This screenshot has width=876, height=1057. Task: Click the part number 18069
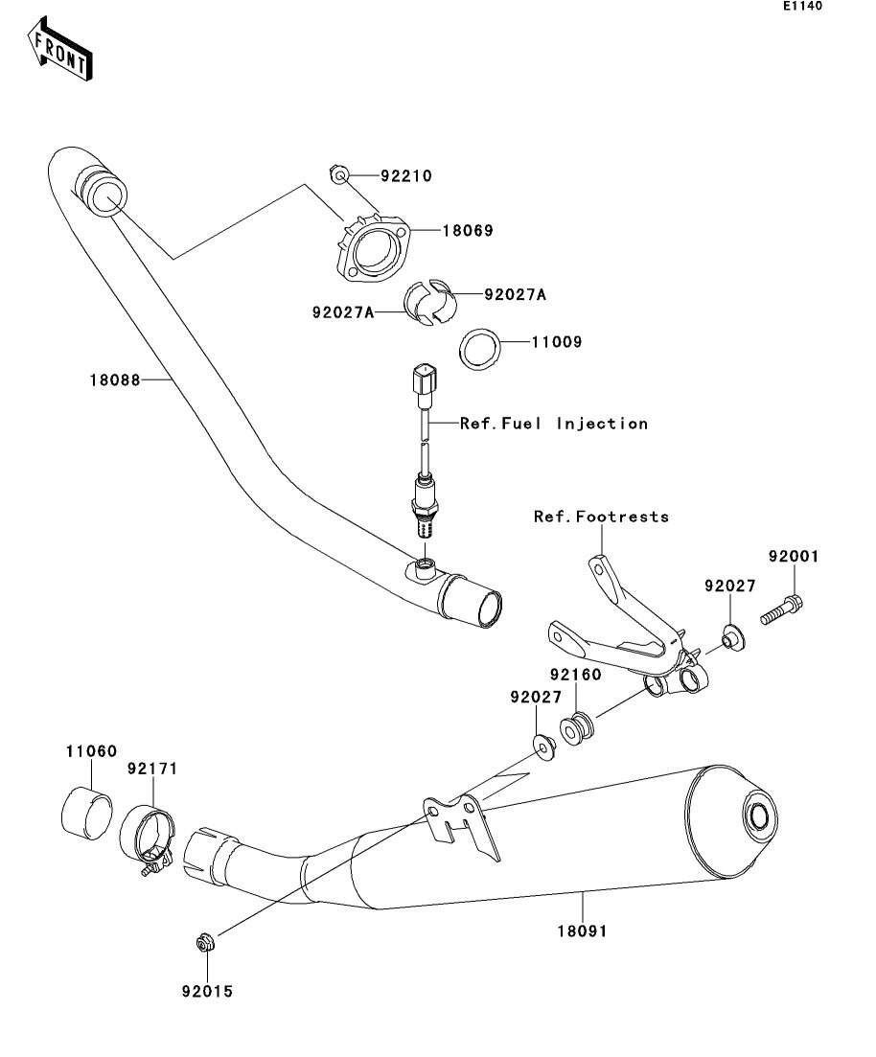tap(467, 231)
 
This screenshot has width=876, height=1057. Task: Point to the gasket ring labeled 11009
tap(481, 349)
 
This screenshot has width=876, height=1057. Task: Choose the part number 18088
tap(116, 380)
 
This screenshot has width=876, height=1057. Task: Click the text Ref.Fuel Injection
tap(554, 423)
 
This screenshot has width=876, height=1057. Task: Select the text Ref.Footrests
tap(601, 517)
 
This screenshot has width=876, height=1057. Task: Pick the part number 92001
tap(793, 556)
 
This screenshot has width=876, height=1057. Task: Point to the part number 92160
tap(575, 675)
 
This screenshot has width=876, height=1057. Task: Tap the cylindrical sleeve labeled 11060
tap(85, 811)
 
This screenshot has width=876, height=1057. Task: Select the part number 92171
tap(153, 769)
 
